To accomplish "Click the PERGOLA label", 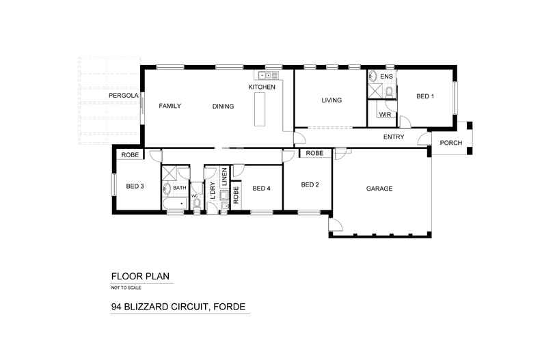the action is pyautogui.click(x=124, y=96).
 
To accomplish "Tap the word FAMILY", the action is pyautogui.click(x=170, y=106).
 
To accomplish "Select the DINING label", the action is pyautogui.click(x=223, y=107).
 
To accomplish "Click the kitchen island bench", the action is pyautogui.click(x=260, y=109).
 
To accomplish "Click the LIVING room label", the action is pyautogui.click(x=332, y=100).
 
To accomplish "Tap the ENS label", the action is pyautogui.click(x=386, y=77).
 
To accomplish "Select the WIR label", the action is pyautogui.click(x=385, y=115).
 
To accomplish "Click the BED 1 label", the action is pyautogui.click(x=425, y=96).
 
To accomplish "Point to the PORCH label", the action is pyautogui.click(x=451, y=143).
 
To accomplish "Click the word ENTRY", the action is pyautogui.click(x=394, y=137).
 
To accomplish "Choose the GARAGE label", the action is pyautogui.click(x=379, y=189).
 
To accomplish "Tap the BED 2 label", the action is pyautogui.click(x=310, y=185).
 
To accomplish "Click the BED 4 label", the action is pyautogui.click(x=261, y=189).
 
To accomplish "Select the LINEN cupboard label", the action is pyautogui.click(x=224, y=176).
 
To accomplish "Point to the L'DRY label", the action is pyautogui.click(x=213, y=191).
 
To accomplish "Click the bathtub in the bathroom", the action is pyautogui.click(x=175, y=204).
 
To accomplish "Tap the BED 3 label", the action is pyautogui.click(x=135, y=186).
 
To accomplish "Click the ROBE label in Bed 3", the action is pyautogui.click(x=130, y=155).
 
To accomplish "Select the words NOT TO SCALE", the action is pyautogui.click(x=126, y=288).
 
